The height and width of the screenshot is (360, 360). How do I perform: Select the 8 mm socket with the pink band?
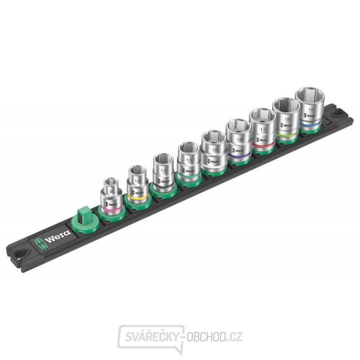[111, 197]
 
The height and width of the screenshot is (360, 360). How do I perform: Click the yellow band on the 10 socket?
[137, 196]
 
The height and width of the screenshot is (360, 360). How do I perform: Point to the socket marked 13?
[188, 161]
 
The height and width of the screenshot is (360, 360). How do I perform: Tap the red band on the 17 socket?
[263, 144]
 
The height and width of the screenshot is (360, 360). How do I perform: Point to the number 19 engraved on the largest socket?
[311, 110]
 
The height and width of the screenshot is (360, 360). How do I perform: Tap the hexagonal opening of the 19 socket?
[310, 95]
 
